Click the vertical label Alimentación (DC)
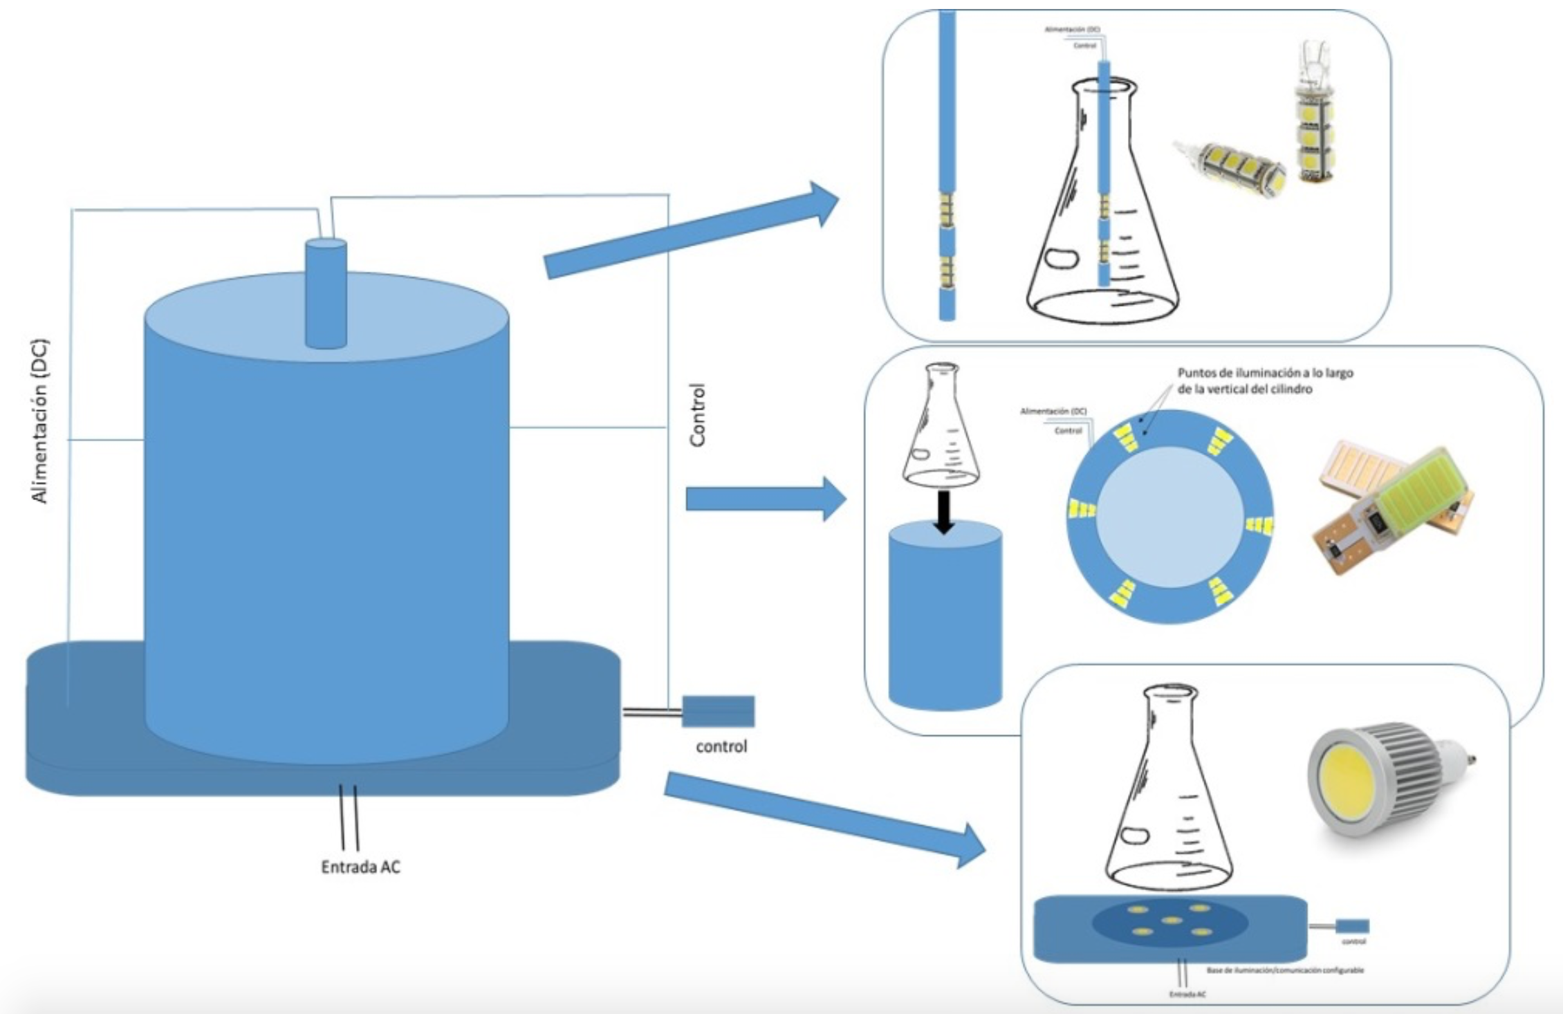41,421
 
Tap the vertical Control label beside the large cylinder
698,415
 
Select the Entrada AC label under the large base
360,867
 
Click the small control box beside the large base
718,711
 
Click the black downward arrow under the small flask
944,512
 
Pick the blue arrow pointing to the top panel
692,232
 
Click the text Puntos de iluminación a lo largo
1265,374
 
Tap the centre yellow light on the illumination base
1171,920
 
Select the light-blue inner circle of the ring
1170,517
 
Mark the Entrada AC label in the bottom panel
1187,994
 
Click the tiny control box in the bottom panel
1351,925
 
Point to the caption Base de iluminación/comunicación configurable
1285,970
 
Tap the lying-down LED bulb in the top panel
1231,166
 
